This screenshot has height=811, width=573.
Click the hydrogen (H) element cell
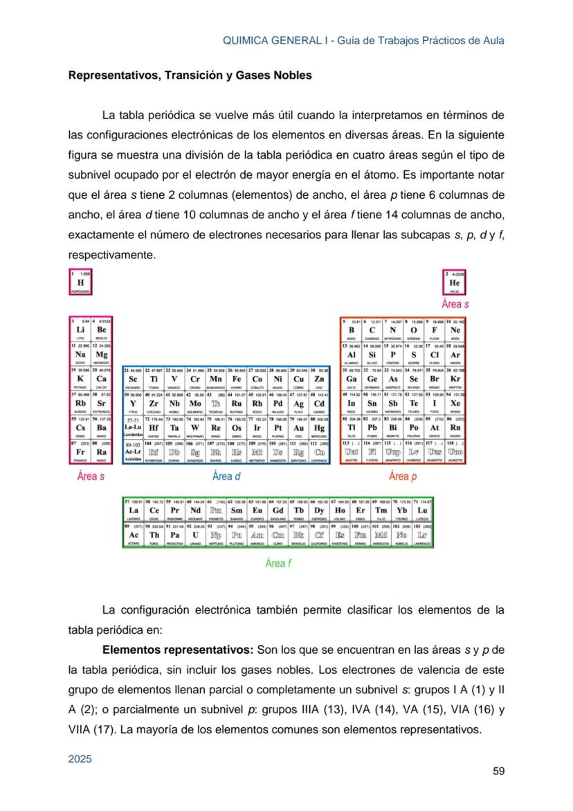(81, 283)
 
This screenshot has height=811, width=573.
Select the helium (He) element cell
(454, 283)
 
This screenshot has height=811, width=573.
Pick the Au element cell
(299, 428)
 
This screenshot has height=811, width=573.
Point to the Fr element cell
(81, 452)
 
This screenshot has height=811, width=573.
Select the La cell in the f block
(134, 510)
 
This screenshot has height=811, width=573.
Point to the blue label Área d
(226, 476)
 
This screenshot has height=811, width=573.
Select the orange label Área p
(403, 476)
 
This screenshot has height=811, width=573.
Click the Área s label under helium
(455, 303)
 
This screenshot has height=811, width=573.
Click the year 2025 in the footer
(80, 759)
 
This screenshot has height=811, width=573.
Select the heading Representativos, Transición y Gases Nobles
(190, 75)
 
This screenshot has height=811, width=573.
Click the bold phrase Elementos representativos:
(178, 650)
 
